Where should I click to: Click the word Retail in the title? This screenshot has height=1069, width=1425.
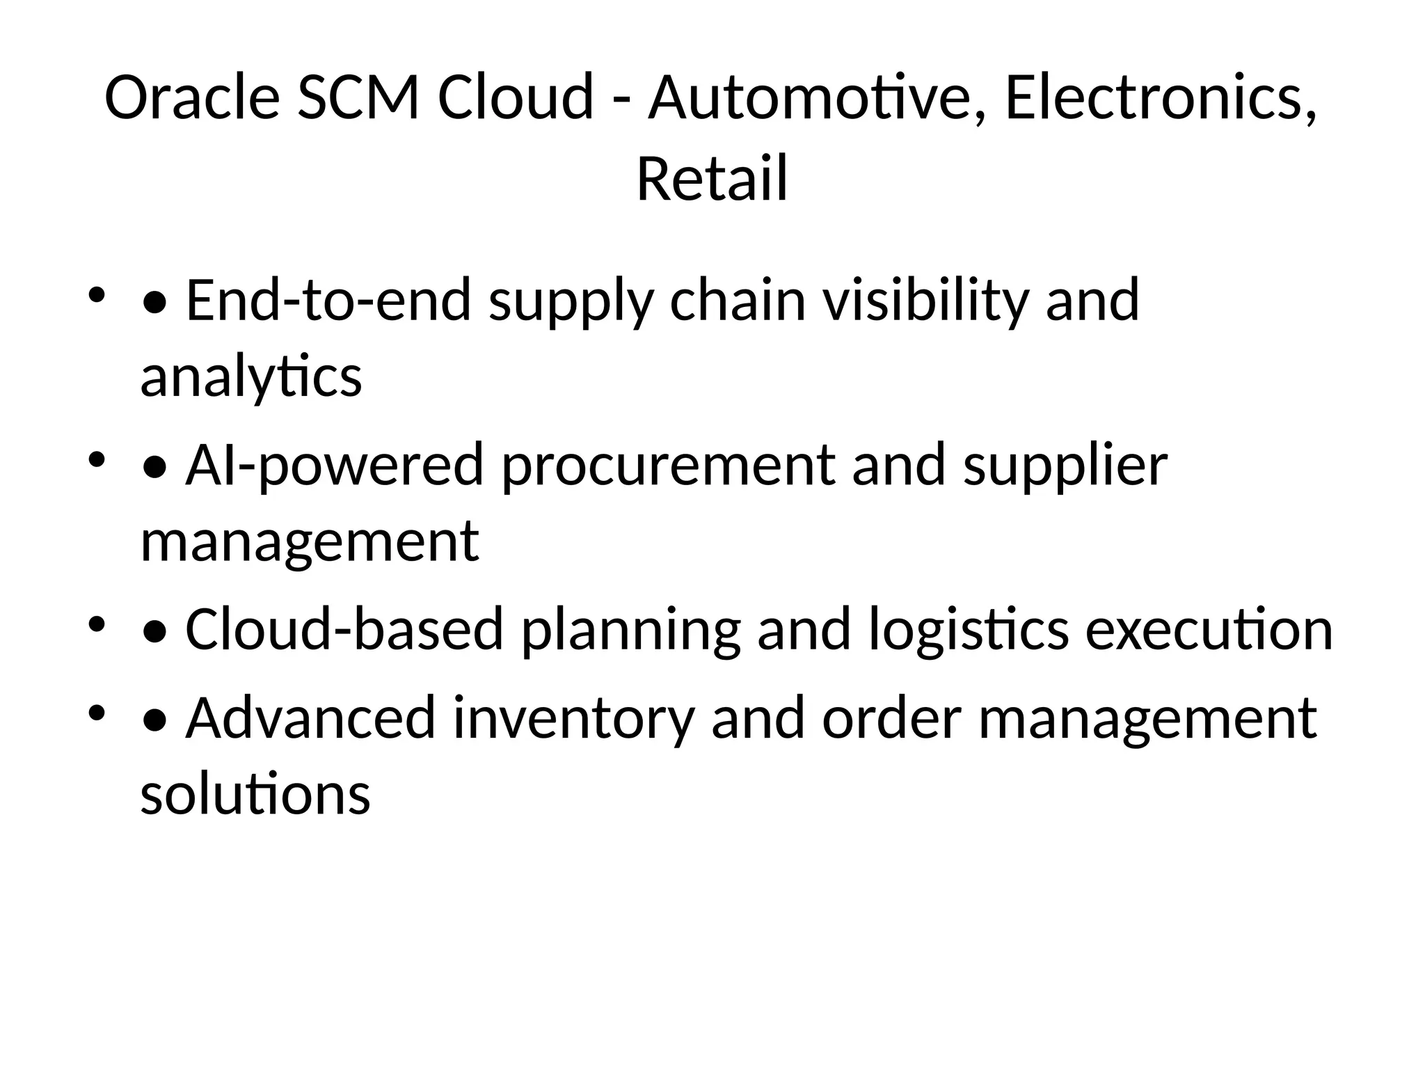coord(712,179)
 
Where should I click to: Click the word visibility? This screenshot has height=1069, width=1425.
coord(925,300)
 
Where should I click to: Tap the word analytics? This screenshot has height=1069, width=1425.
coord(251,377)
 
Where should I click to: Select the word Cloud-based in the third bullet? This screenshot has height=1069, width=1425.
coord(344,629)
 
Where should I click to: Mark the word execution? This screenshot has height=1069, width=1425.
coord(1209,629)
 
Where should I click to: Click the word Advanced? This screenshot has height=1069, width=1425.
coord(310,718)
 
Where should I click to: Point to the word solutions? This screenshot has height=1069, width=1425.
coord(255,795)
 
